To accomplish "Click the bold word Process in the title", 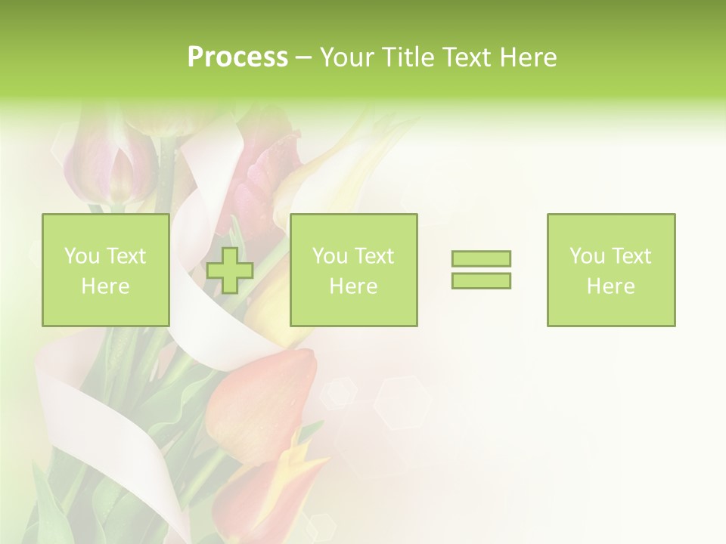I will [x=237, y=57].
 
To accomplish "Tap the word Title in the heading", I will [x=407, y=57].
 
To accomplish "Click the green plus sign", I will [x=230, y=270].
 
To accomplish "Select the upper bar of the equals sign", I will [x=481, y=258].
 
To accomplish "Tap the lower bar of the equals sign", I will [x=481, y=280].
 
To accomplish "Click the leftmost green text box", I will [x=105, y=270].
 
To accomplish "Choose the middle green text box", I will [x=353, y=270].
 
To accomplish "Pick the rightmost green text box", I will [x=611, y=270].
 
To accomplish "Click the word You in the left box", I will [x=82, y=256].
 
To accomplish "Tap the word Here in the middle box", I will [x=353, y=286].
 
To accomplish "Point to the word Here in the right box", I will [x=611, y=286].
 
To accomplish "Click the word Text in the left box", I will [x=125, y=256].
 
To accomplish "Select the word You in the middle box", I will [x=330, y=256].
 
